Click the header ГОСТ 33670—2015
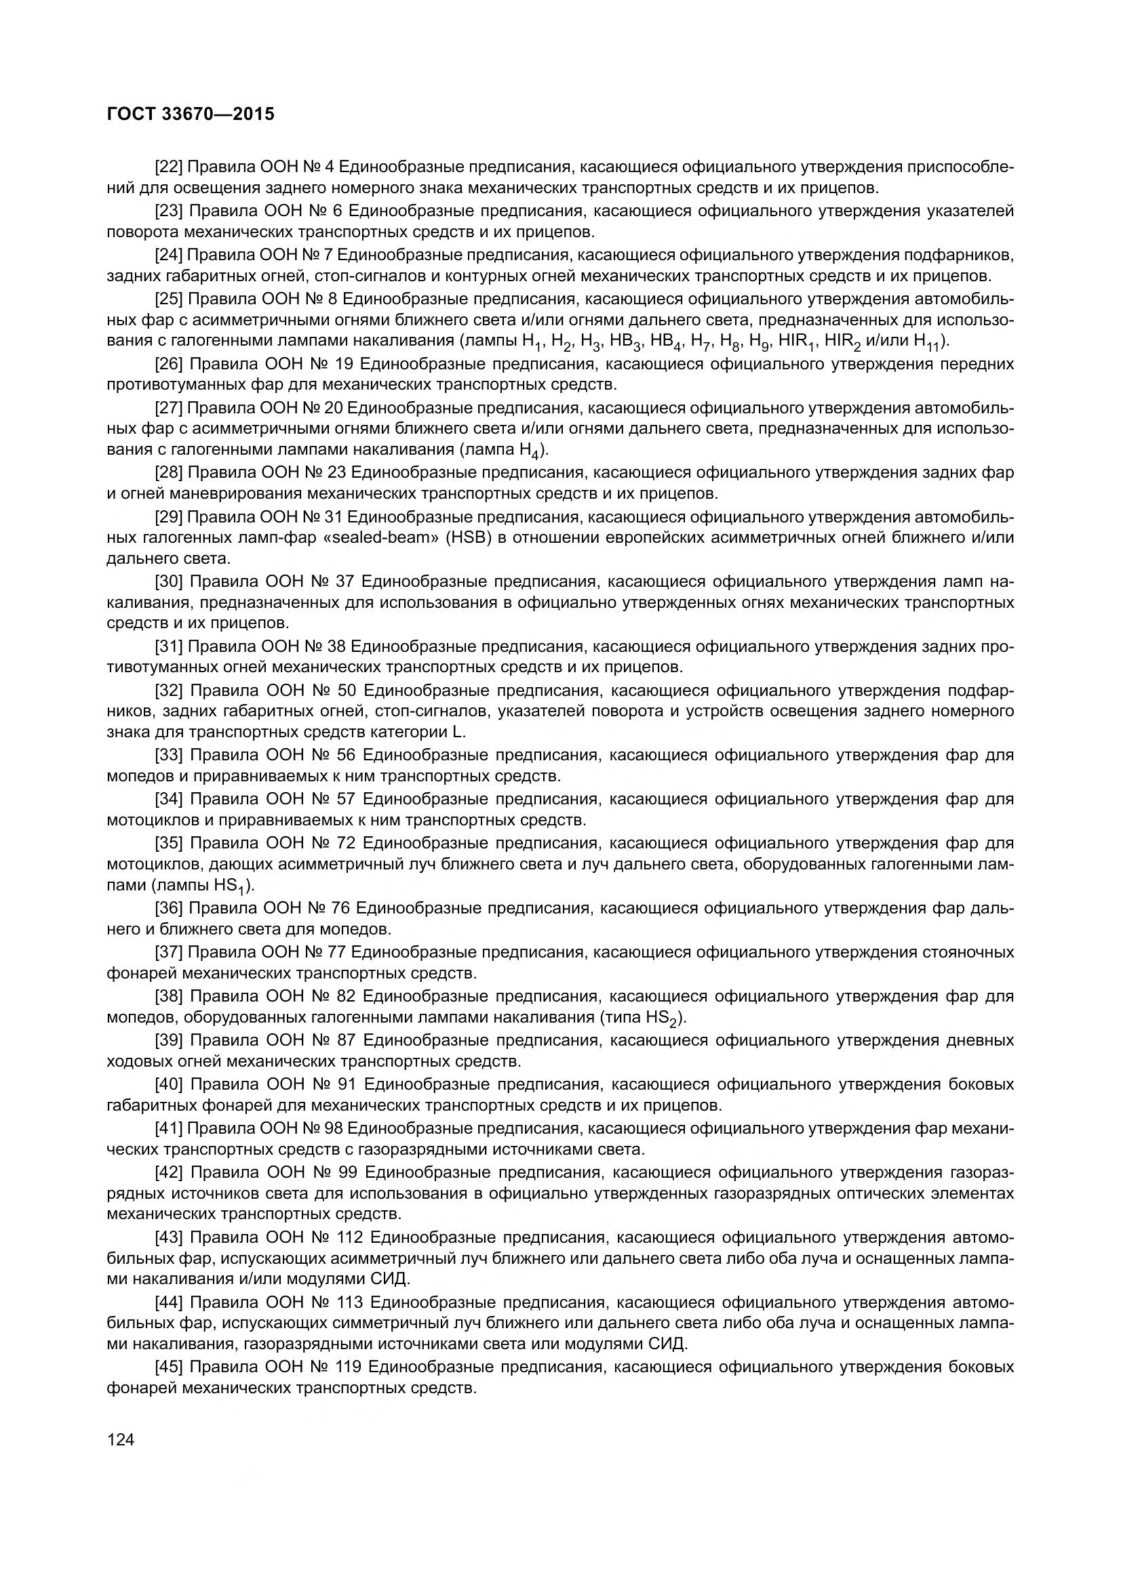pos(191,114)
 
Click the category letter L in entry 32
pos(460,733)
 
